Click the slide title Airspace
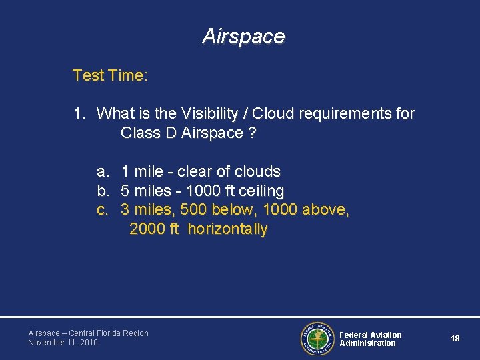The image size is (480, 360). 243,36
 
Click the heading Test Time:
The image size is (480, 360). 110,75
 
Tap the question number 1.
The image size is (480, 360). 79,114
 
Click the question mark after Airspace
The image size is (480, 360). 251,133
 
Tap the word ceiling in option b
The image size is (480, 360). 260,191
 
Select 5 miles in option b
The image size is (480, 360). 144,191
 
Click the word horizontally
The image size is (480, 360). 227,230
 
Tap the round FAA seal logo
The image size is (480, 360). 317,339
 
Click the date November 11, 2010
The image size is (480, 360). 63,343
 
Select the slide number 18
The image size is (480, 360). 455,339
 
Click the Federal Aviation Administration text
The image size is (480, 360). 370,339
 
